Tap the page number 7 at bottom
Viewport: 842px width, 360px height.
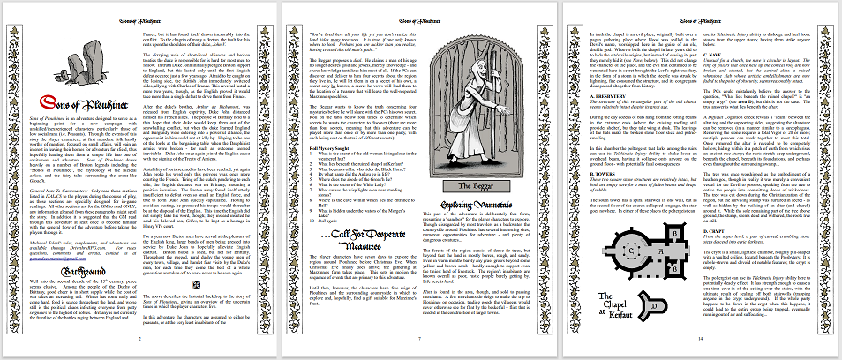[421, 338]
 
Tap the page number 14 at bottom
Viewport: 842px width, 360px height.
[702, 338]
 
